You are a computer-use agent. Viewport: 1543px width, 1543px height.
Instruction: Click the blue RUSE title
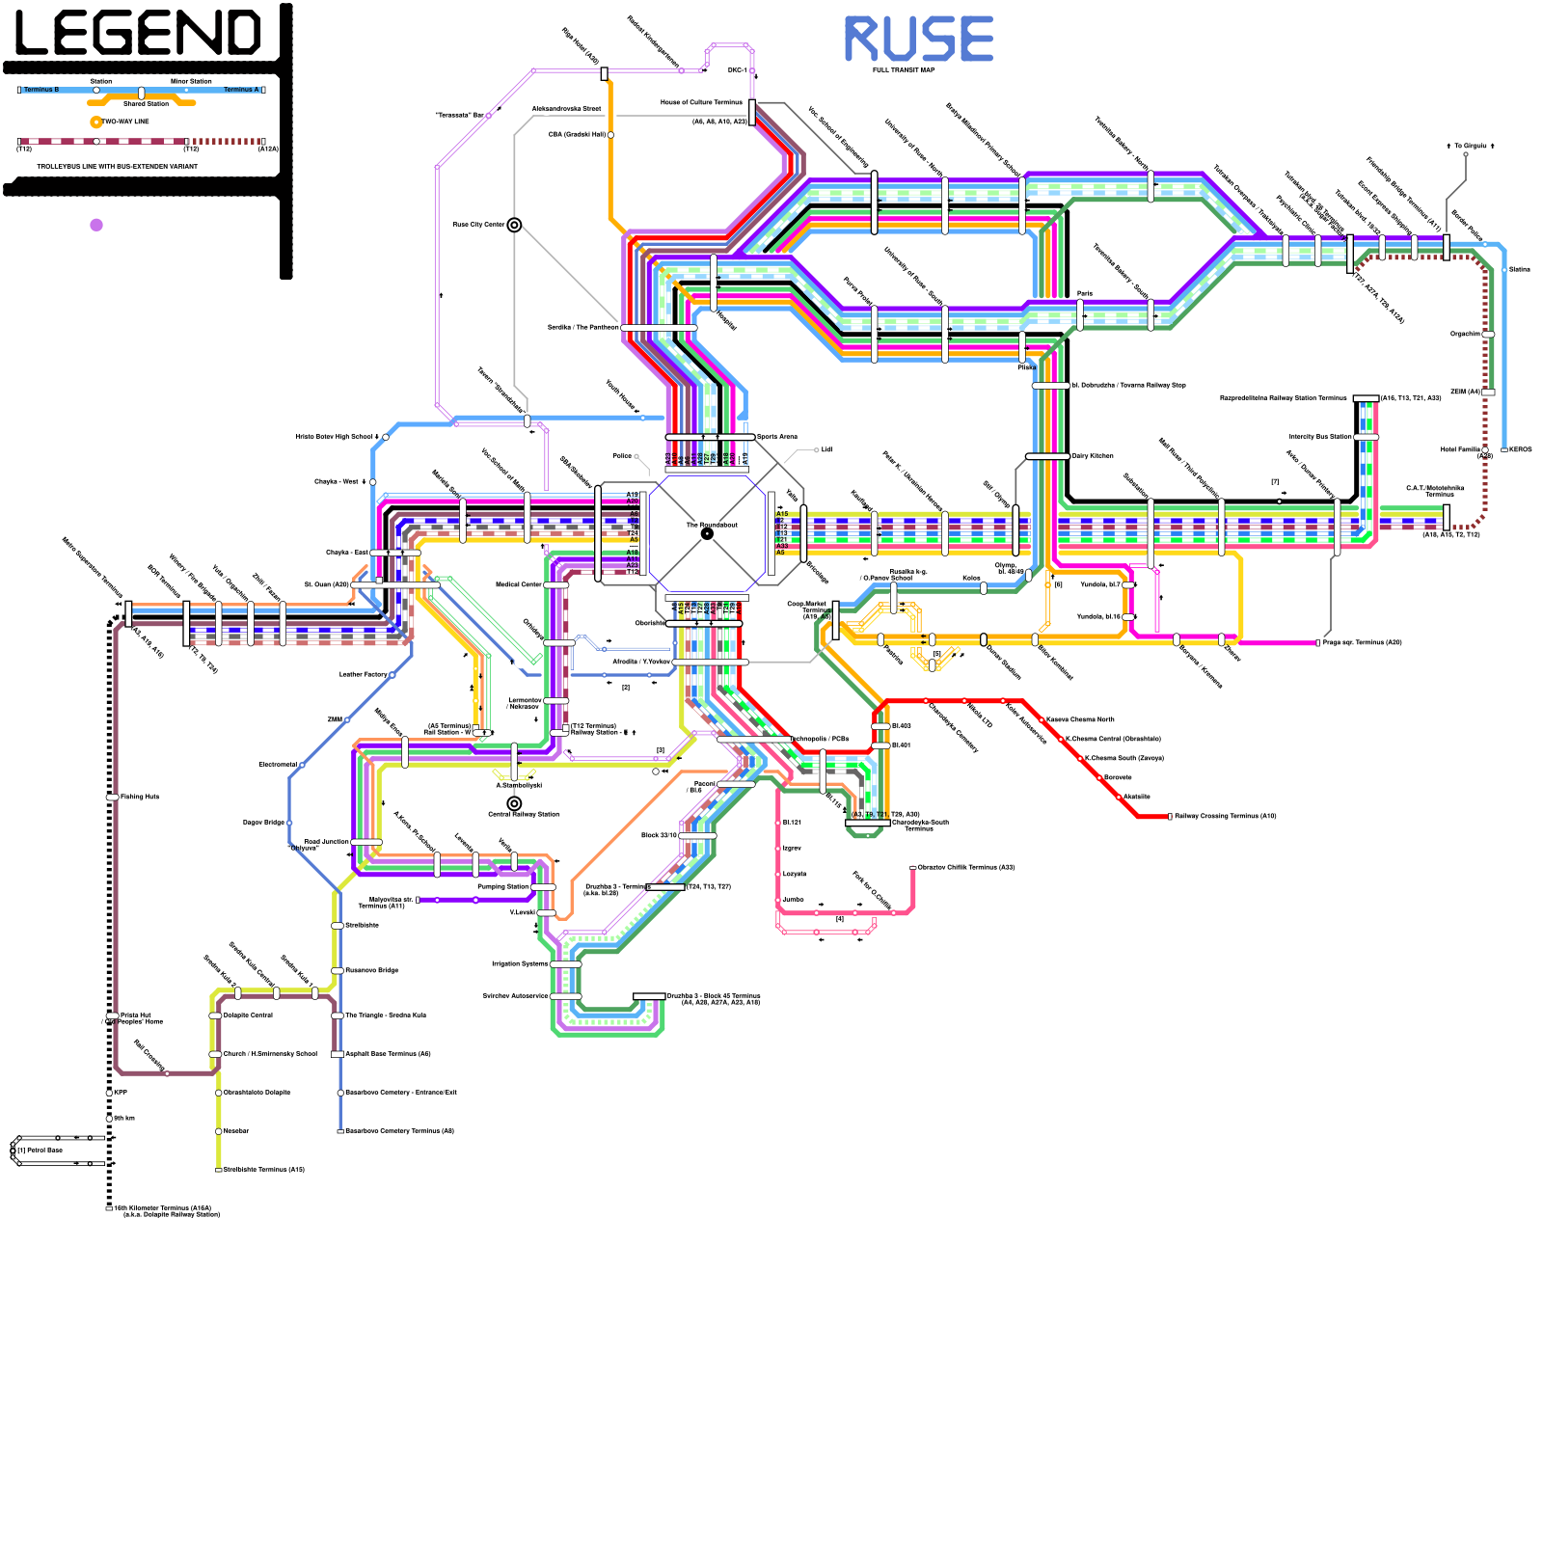coord(918,40)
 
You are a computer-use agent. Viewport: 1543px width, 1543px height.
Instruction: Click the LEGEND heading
coord(138,34)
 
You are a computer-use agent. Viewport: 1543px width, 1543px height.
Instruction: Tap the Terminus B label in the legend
coord(41,90)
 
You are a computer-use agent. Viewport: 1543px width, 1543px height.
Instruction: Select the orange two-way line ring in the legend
coord(95,122)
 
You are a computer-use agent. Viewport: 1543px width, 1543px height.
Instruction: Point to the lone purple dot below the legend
coord(96,225)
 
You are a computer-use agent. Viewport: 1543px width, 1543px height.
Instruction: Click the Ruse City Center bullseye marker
coord(515,225)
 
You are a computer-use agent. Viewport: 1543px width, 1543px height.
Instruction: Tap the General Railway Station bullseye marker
coord(514,803)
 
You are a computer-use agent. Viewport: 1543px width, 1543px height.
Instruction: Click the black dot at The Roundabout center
coord(707,533)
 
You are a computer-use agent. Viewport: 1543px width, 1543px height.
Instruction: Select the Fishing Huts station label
coord(140,797)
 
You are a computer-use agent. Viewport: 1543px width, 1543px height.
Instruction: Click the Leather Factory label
coord(364,674)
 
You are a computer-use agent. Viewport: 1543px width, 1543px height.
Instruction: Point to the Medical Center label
coord(519,584)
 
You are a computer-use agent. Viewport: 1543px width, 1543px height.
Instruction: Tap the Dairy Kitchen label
coord(1093,456)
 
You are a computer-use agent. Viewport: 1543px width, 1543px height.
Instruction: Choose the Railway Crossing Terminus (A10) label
coord(1225,816)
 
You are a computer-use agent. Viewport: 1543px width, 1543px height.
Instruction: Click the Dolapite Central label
coord(249,1015)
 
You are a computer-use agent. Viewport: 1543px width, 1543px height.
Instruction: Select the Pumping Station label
coord(502,886)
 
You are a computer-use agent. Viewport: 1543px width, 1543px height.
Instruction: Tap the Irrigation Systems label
coord(520,963)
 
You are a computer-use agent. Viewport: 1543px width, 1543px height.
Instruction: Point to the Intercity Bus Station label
coord(1320,437)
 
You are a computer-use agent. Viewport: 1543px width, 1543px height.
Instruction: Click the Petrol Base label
coord(42,1150)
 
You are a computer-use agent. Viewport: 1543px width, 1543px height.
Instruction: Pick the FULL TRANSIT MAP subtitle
coord(904,70)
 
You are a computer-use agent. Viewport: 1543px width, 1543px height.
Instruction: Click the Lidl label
coord(826,449)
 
